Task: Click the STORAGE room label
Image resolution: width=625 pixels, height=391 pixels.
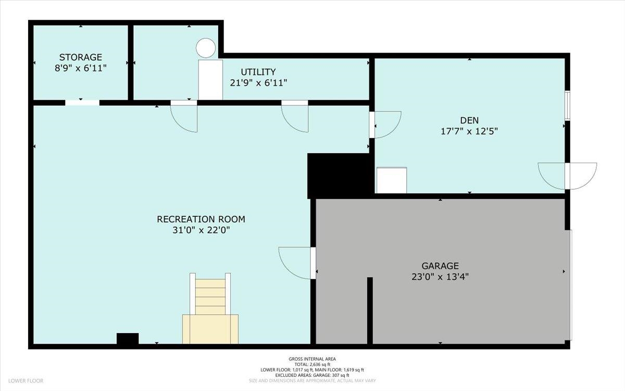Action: (80, 57)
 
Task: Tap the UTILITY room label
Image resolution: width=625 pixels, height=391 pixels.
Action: (258, 72)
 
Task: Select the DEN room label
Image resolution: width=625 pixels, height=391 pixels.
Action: (469, 120)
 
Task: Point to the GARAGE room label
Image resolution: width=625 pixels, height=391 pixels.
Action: (440, 265)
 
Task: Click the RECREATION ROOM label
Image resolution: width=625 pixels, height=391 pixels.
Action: (201, 219)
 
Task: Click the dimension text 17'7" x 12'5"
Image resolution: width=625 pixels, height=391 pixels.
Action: (469, 131)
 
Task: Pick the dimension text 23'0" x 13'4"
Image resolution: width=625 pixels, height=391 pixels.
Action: (440, 277)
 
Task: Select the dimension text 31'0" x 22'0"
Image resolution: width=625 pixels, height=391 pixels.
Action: (201, 230)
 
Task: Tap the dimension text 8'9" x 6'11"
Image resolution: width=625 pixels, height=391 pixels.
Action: (80, 68)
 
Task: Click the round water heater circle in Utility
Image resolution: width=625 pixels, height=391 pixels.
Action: (206, 48)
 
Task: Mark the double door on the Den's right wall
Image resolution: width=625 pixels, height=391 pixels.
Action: (567, 176)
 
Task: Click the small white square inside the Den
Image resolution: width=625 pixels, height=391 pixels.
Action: (391, 180)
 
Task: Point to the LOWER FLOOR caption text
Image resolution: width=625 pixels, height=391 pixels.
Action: (25, 381)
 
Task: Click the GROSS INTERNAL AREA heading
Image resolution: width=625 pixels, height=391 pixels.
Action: (312, 359)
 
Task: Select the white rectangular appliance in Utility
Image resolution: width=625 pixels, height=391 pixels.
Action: (210, 79)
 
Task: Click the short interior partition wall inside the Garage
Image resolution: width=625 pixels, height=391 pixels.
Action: (370, 311)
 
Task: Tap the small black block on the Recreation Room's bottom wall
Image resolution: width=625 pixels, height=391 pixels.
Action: (128, 339)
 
